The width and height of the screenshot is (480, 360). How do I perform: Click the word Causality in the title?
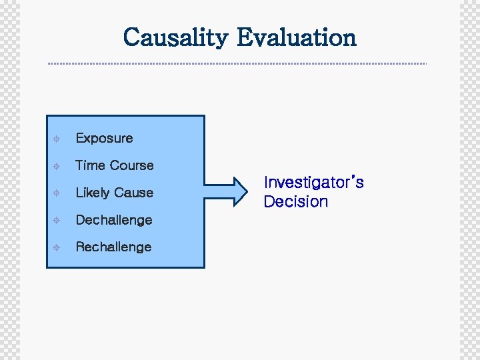[x=175, y=37]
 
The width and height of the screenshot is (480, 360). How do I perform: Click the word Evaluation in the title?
[x=297, y=37]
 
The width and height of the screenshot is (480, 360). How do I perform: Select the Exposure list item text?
[x=104, y=139]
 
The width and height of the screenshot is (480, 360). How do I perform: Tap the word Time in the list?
[x=90, y=165]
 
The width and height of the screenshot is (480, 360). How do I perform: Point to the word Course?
[x=132, y=165]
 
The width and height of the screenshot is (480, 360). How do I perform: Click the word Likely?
[x=92, y=193]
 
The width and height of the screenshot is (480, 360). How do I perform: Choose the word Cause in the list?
[x=133, y=193]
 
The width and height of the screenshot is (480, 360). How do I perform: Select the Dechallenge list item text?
[x=113, y=220]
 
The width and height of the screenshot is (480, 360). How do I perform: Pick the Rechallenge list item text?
[x=113, y=247]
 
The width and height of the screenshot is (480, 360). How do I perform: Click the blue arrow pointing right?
[x=227, y=191]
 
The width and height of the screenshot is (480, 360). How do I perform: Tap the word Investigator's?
[x=313, y=183]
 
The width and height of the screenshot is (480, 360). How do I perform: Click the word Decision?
[x=295, y=202]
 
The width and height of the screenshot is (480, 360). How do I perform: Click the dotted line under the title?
[x=237, y=64]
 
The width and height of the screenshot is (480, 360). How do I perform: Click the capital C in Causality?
[x=132, y=37]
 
